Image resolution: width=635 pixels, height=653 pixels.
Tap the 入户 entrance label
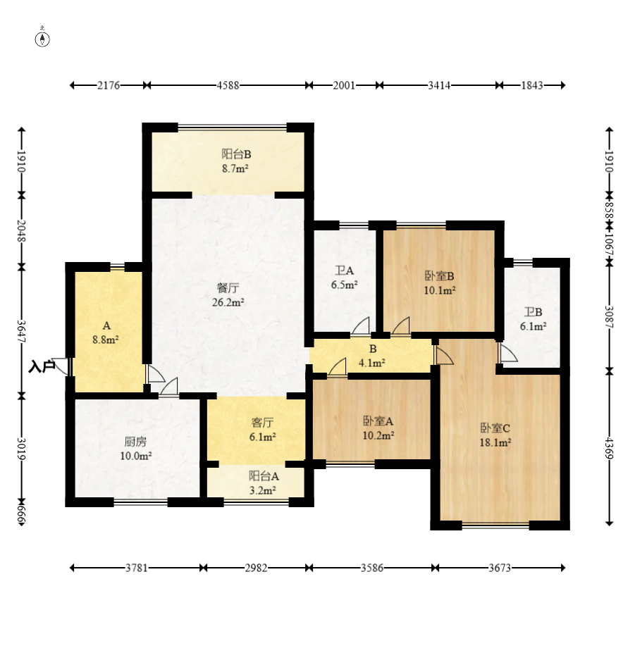coord(42,367)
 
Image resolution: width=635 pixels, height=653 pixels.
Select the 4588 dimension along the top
coord(228,85)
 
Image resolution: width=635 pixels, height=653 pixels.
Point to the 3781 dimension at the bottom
coord(137,568)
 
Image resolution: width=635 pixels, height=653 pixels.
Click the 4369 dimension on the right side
coord(609,448)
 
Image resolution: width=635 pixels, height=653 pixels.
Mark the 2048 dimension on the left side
coord(22,230)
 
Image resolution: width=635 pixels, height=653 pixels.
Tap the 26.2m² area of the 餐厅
coord(228,302)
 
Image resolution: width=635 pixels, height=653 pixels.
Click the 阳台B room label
coord(236,154)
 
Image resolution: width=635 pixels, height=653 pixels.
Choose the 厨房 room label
coord(135,441)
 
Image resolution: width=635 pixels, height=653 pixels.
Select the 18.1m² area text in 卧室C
coord(495,442)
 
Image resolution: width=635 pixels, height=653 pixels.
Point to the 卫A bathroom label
coord(344,270)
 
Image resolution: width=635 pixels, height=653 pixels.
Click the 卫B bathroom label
coord(533,312)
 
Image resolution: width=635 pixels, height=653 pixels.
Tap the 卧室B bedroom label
coord(439,275)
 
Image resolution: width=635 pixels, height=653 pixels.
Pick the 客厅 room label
coord(262,423)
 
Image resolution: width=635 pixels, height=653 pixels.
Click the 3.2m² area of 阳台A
coord(262,490)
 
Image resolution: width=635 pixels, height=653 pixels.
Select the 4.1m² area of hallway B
coord(371,363)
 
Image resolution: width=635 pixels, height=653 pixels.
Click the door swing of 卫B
coord(508,352)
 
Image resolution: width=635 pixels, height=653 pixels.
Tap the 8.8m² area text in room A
coord(106,340)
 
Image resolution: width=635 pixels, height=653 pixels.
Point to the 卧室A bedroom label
coord(378,421)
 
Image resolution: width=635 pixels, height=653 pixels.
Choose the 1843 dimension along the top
coord(532,85)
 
